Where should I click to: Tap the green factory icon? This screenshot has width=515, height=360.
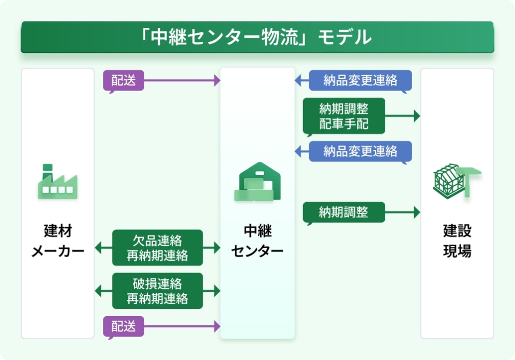click(57, 182)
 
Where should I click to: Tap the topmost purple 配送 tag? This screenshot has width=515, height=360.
click(124, 81)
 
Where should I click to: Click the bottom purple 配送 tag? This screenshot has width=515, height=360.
click(124, 326)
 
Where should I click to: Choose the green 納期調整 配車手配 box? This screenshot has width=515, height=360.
click(344, 116)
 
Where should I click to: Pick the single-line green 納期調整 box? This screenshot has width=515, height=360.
click(344, 212)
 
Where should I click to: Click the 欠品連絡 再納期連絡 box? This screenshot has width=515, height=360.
click(157, 248)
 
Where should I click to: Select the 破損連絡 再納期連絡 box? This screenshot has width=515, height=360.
click(157, 291)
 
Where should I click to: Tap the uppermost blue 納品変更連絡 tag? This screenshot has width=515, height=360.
click(360, 81)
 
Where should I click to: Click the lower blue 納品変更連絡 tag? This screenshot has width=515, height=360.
click(360, 151)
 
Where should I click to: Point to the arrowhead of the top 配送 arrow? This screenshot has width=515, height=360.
click(217, 81)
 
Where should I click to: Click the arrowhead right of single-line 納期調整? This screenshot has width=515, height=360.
click(416, 212)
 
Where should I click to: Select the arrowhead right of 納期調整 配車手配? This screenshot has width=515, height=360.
click(416, 116)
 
